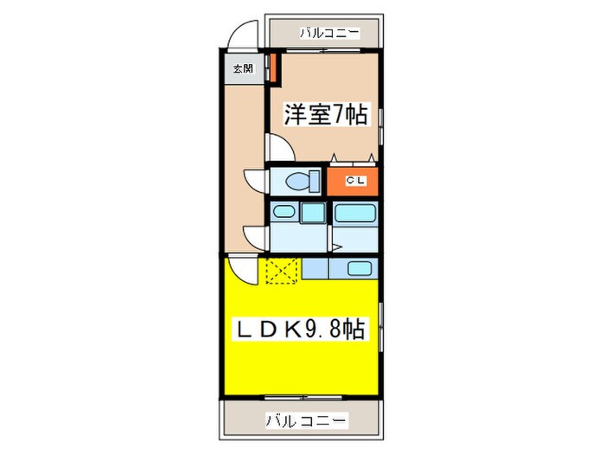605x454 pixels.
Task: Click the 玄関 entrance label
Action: pyautogui.click(x=242, y=68)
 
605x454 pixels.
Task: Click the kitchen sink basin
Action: pyautogui.click(x=360, y=268)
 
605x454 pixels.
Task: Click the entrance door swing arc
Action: pyautogui.click(x=243, y=37)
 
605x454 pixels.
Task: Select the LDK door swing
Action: pyautogui.click(x=242, y=269)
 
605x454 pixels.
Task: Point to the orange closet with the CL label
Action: pyautogui.click(x=353, y=181)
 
